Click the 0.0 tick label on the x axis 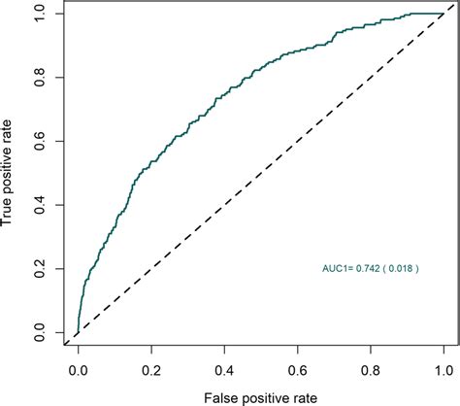click(x=79, y=370)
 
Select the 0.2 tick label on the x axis click(x=151, y=370)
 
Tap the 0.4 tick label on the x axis click(x=224, y=370)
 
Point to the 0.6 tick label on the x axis click(x=298, y=370)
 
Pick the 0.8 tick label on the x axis click(x=371, y=370)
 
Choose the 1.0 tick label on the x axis click(x=444, y=370)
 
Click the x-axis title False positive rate click(x=261, y=396)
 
